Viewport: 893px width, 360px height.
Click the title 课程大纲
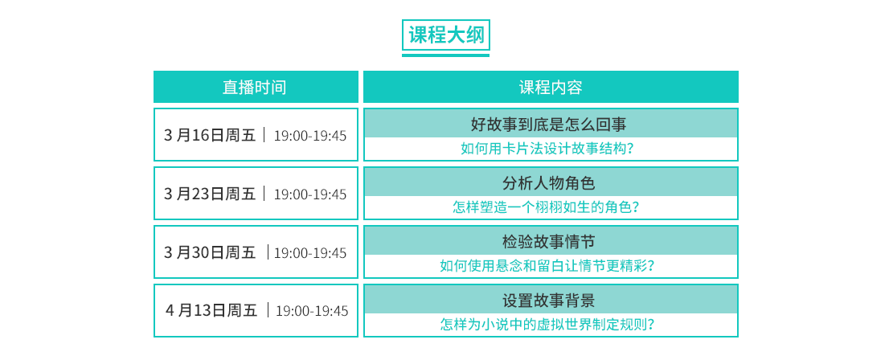pyautogui.click(x=446, y=35)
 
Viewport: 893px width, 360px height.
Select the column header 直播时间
pyautogui.click(x=255, y=87)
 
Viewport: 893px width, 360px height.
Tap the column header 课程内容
pyautogui.click(x=551, y=87)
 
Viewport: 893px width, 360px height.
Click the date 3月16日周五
pyautogui.click(x=210, y=135)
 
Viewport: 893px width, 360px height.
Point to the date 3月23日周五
pyautogui.click(x=210, y=194)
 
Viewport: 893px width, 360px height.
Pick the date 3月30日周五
pyautogui.click(x=210, y=252)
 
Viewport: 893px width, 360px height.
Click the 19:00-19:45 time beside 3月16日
pyautogui.click(x=310, y=136)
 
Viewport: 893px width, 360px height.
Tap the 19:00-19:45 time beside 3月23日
pyautogui.click(x=310, y=194)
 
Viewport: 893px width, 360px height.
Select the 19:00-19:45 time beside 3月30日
pyautogui.click(x=310, y=253)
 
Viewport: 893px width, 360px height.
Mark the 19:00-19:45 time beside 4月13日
pyautogui.click(x=312, y=311)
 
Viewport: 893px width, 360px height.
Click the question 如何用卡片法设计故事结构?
pyautogui.click(x=548, y=149)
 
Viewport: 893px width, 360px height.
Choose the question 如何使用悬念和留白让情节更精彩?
pyautogui.click(x=547, y=266)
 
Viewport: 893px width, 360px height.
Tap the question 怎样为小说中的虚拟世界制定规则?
pyautogui.click(x=547, y=325)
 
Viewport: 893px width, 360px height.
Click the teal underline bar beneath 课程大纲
pyautogui.click(x=445, y=55)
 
